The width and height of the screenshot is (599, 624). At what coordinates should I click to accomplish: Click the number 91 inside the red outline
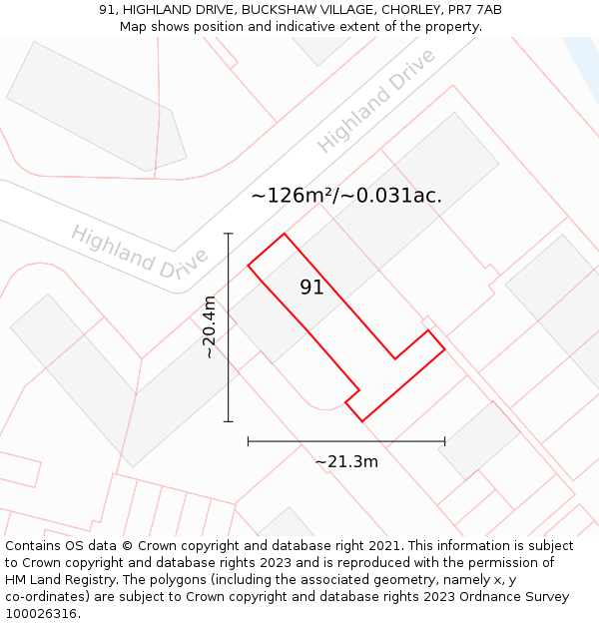click(311, 288)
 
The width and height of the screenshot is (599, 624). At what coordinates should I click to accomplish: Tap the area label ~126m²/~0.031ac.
click(345, 196)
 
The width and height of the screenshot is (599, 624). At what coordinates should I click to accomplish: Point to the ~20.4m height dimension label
click(209, 327)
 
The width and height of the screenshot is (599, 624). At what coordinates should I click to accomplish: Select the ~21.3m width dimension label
click(346, 461)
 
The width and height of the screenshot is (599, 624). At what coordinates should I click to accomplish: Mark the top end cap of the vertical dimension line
click(229, 234)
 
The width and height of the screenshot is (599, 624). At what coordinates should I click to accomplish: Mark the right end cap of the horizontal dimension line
click(445, 440)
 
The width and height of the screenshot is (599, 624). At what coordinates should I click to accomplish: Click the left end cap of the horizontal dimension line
click(248, 440)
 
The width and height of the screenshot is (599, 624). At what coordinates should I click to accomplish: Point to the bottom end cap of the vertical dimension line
click(229, 421)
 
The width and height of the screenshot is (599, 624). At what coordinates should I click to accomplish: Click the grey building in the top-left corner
click(97, 108)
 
